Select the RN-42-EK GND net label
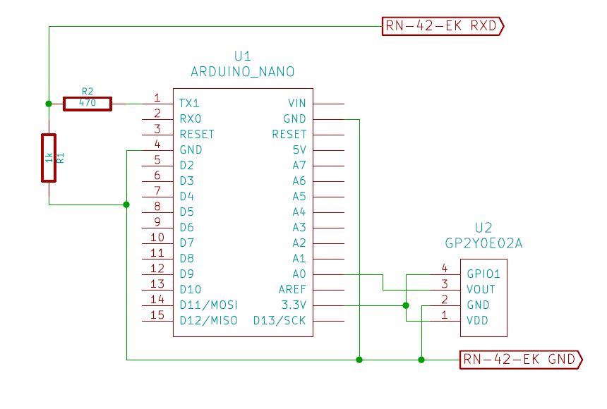521,360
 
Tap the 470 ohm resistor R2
88,104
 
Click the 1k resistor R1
49,158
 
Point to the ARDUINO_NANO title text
243,72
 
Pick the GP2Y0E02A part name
483,243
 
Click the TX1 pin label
189,103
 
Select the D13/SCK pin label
280,321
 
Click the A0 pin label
299,274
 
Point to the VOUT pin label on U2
481,290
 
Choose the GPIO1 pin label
483,274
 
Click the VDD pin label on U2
478,321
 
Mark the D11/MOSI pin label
208,305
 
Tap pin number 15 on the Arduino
157,315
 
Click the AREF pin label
292,290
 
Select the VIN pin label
297,103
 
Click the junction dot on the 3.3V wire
406,305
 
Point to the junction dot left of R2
49,104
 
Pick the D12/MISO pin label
208,321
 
